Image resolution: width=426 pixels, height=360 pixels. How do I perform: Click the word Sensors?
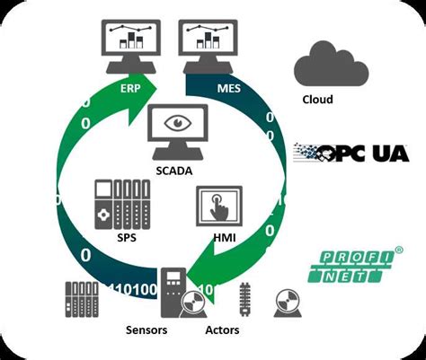click(146, 330)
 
